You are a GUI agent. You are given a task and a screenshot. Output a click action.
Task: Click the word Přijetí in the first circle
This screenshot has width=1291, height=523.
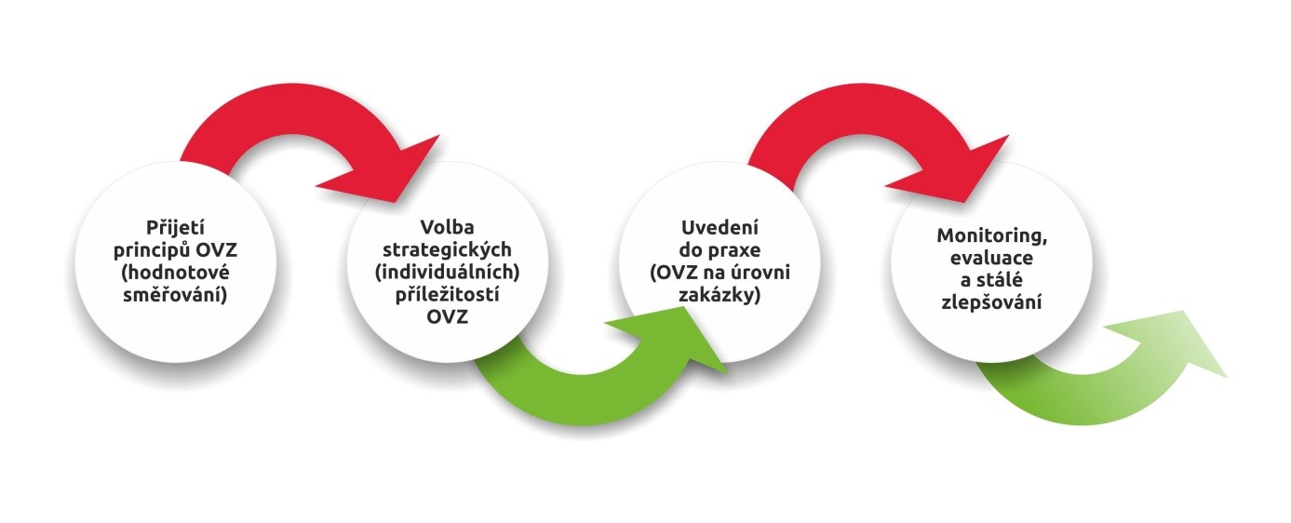point(175,228)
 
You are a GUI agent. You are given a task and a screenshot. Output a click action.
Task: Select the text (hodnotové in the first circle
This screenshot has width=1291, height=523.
point(175,273)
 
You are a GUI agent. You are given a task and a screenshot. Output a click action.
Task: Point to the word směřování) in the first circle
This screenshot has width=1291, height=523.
point(175,295)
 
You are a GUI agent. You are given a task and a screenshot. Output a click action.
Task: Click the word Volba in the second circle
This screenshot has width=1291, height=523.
point(447,227)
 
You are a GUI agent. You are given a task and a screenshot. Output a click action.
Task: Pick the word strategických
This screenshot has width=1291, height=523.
point(447,250)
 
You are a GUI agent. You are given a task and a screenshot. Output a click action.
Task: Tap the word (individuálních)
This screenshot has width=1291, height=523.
point(447,272)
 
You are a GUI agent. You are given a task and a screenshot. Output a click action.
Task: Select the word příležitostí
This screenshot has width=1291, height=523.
point(447,294)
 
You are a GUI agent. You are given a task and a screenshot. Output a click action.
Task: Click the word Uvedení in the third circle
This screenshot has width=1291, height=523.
point(719,228)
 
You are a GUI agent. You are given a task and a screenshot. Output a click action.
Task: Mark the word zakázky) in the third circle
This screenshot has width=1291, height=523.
point(719,295)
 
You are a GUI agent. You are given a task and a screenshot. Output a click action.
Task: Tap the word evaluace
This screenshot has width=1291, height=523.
point(992,258)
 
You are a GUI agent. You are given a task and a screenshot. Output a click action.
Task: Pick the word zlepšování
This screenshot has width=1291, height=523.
point(992,302)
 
